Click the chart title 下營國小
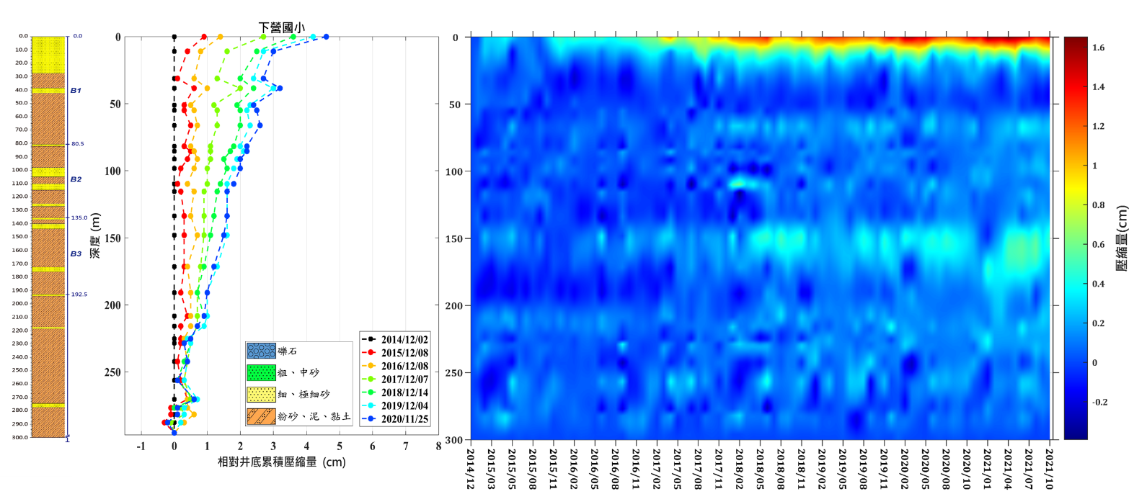coord(281,27)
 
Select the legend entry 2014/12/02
coord(404,339)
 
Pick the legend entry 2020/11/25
coord(404,419)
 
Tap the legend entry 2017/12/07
coord(404,380)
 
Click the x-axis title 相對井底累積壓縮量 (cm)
coord(282,462)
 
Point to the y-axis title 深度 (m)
coord(95,236)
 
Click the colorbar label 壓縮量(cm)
coord(1122,238)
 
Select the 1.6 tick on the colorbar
coord(1098,48)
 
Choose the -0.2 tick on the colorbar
coord(1099,402)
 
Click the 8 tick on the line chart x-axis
coord(438,446)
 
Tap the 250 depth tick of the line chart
coord(112,372)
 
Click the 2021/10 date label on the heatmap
coord(1050,469)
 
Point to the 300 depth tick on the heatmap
coord(453,440)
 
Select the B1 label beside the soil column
coord(76,91)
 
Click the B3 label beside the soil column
coord(76,254)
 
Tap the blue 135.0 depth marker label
coord(79,217)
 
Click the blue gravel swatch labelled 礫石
coord(261,351)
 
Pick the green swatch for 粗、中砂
coord(261,372)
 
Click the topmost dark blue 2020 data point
coord(326,37)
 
